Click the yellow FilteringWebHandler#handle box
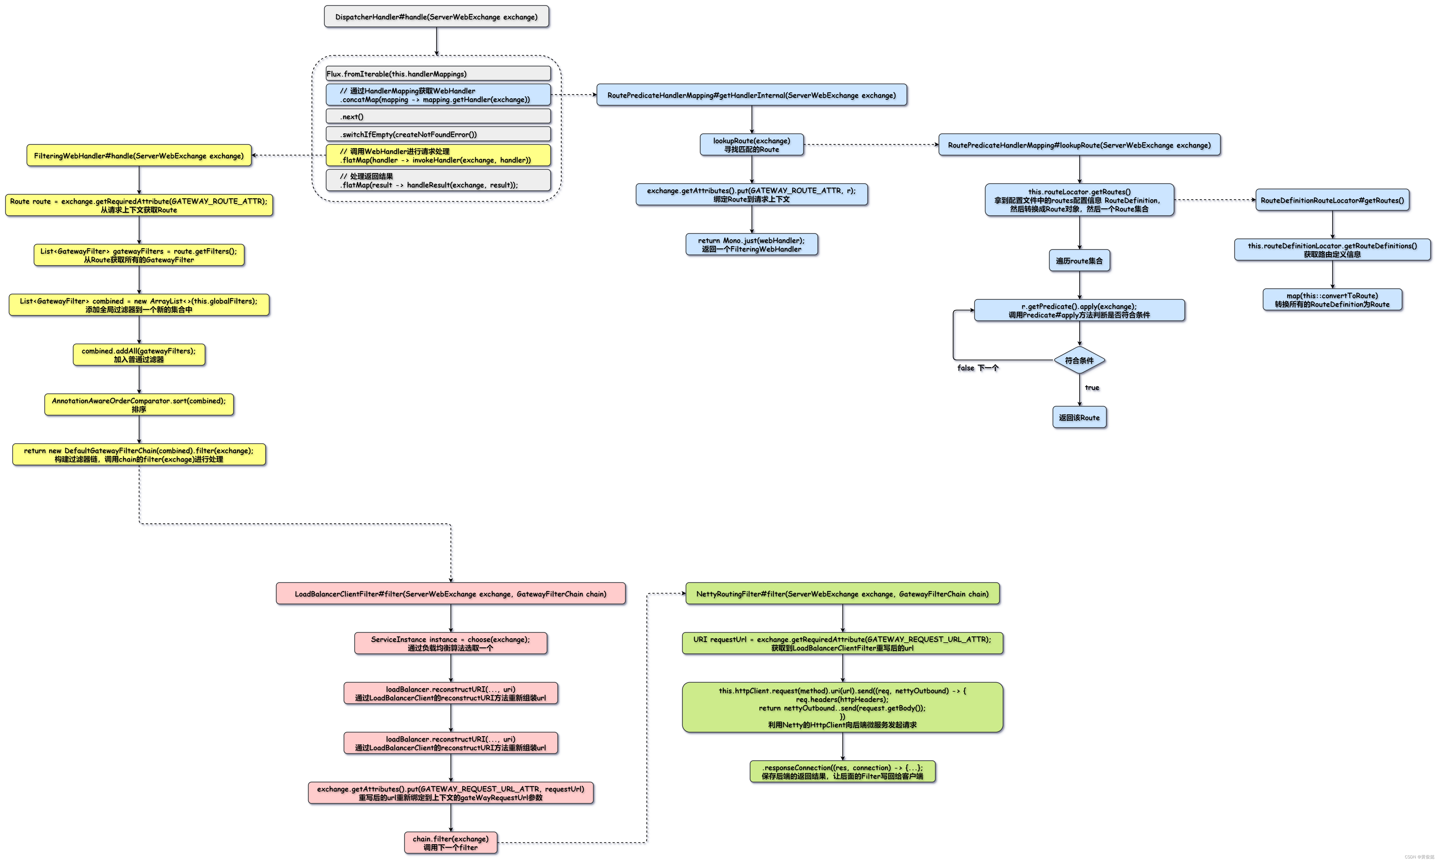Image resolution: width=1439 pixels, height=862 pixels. pos(139,156)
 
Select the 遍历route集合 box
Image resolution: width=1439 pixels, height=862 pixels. pos(1079,261)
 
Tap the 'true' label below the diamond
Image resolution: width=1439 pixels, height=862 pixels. pos(1092,387)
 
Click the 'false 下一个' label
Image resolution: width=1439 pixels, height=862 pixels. pos(978,368)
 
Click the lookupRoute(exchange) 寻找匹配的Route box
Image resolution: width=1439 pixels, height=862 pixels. pos(751,145)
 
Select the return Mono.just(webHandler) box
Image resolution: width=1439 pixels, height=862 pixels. pos(751,245)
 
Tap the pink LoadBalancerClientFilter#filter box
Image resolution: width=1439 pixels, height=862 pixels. pos(450,594)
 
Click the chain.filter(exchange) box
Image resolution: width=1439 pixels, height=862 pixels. pos(450,843)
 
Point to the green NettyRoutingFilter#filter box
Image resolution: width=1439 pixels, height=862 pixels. pos(842,594)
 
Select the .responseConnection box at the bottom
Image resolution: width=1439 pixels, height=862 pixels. pos(842,771)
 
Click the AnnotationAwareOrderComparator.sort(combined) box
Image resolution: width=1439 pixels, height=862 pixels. pos(139,405)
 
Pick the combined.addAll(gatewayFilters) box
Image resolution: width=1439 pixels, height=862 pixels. pos(139,355)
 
